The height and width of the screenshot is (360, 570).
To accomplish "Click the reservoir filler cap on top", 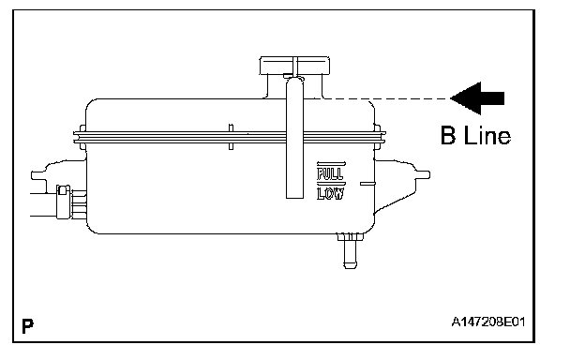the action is click(x=294, y=66).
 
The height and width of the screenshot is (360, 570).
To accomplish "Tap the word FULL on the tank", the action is click(x=330, y=173).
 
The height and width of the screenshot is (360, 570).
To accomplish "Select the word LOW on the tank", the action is click(x=330, y=194).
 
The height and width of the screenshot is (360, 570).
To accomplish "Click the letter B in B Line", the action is click(x=448, y=135).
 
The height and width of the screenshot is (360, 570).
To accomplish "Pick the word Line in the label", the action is click(x=487, y=135).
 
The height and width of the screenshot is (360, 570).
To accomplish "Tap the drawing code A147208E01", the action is click(x=488, y=322).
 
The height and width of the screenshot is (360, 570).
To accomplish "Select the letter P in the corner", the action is click(x=27, y=326).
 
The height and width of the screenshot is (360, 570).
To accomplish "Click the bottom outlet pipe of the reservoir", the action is click(x=350, y=251).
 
